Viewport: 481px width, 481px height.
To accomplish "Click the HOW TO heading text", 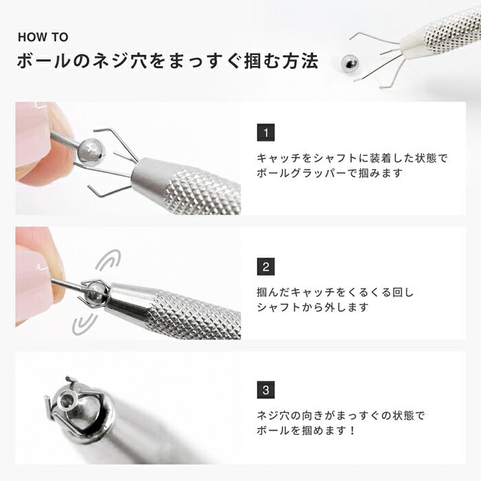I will pyautogui.click(x=43, y=38).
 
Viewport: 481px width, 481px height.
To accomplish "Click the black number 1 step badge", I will pyautogui.click(x=266, y=133).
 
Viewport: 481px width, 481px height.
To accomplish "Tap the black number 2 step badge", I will pyautogui.click(x=266, y=266).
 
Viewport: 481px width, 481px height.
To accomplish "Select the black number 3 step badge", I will pyautogui.click(x=266, y=390).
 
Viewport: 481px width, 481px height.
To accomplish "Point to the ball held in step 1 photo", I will pyautogui.click(x=90, y=150).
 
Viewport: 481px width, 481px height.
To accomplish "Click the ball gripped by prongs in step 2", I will pyautogui.click(x=93, y=291).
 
